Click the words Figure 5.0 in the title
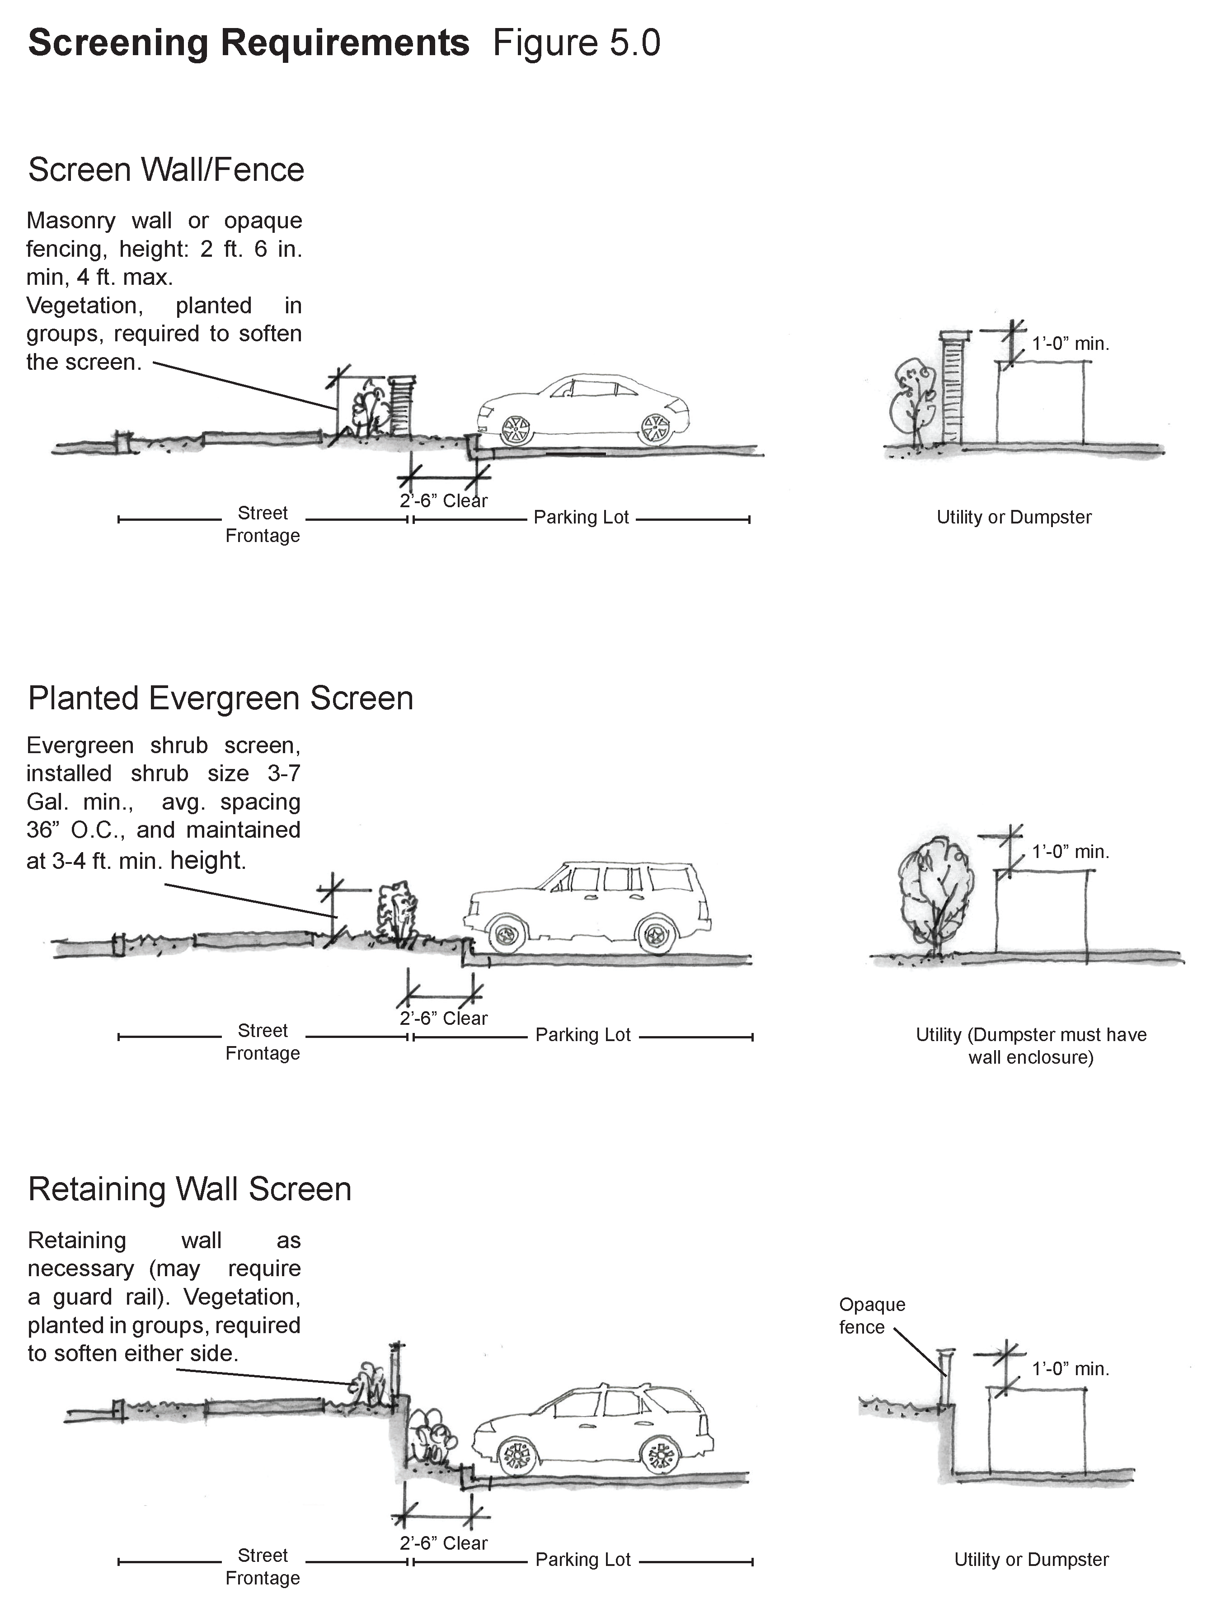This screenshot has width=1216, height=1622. point(576,42)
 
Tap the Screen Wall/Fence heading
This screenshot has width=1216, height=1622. point(166,170)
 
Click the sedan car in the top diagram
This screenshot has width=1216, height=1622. point(583,410)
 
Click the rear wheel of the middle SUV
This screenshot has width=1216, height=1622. point(657,935)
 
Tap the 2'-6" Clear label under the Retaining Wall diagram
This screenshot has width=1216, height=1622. point(443,1543)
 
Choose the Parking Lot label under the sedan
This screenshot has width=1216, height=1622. point(581,518)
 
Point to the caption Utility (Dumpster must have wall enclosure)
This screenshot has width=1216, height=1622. point(1031,1046)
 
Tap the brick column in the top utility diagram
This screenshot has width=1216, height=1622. point(951,389)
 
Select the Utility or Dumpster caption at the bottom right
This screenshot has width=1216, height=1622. point(1031,1559)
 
